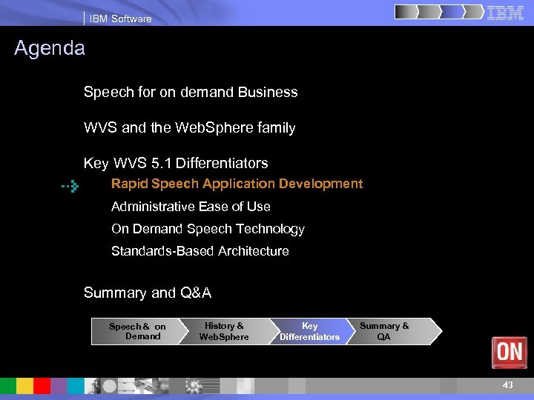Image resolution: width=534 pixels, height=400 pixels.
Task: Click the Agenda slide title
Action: coord(50,49)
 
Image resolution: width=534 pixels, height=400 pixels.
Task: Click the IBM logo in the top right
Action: coord(506,13)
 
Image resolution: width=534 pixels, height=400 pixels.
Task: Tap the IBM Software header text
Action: coord(120,19)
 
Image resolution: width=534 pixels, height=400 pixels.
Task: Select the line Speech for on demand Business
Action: coord(191,93)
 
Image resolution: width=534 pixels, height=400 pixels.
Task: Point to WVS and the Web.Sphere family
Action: coord(189,128)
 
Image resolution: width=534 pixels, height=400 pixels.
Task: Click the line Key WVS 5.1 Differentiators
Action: coord(176,163)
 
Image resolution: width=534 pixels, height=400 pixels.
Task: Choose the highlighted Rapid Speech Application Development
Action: coord(237,184)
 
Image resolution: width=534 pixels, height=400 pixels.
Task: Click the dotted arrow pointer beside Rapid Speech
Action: coord(70,187)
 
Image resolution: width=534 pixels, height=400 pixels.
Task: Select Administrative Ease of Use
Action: coord(191,207)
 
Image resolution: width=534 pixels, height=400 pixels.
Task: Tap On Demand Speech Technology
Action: coord(208,229)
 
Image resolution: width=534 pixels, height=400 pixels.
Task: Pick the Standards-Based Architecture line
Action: coord(200,251)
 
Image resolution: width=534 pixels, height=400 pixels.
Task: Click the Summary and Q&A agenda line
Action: coord(148,293)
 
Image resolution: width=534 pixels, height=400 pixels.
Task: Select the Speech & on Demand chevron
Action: coord(137,331)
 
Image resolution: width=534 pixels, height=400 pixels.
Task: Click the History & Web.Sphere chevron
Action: coord(224,331)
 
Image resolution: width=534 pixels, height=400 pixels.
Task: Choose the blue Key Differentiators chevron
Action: coord(309,331)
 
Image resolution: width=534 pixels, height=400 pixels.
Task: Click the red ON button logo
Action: coord(509,352)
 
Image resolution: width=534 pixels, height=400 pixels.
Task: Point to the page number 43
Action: coord(507,385)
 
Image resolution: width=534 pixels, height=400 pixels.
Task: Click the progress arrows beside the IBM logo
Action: coord(438,13)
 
